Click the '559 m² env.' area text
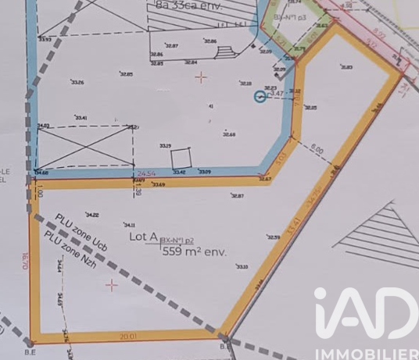pos(193,251)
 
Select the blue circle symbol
pos(260,96)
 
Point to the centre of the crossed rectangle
pos(85,147)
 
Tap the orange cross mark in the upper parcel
pos(202,77)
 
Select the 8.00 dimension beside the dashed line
pos(317,147)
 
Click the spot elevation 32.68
pos(228,134)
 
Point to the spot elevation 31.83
pos(346,67)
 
